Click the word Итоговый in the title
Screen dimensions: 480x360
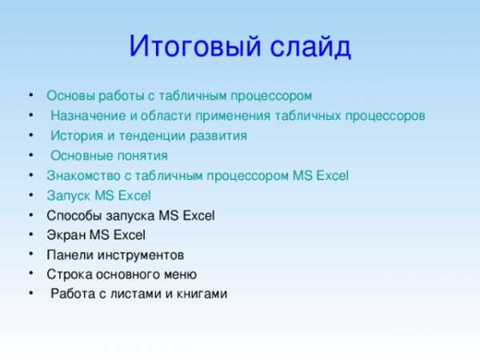point(195,46)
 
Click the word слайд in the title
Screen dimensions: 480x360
point(310,46)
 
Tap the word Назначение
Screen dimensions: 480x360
point(88,116)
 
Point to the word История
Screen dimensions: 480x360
point(77,136)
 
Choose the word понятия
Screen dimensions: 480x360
point(142,156)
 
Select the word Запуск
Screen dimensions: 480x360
point(68,196)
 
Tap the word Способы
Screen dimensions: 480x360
point(74,215)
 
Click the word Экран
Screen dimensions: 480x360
point(66,235)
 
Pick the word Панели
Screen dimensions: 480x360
point(70,255)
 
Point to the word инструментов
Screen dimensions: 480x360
point(141,255)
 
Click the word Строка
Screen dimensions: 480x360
point(70,274)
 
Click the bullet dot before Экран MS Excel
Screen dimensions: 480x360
point(31,234)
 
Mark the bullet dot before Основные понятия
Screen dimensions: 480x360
point(31,155)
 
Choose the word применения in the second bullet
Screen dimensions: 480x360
point(233,116)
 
